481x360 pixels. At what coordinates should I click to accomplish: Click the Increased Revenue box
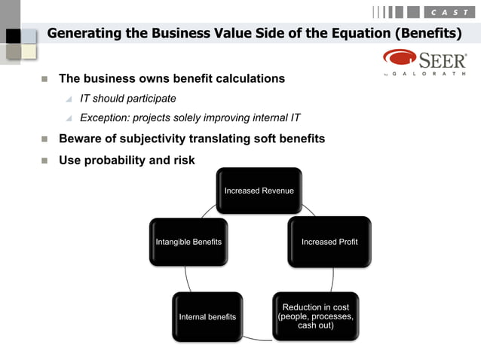click(x=259, y=191)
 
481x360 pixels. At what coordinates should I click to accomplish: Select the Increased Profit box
click(x=329, y=242)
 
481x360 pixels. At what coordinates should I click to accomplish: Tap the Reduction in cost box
click(x=315, y=317)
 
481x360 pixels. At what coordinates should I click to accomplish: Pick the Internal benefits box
click(x=207, y=317)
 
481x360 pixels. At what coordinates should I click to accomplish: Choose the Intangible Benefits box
click(x=188, y=242)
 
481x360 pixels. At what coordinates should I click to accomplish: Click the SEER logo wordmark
click(x=442, y=59)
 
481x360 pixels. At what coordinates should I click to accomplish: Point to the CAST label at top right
click(x=449, y=12)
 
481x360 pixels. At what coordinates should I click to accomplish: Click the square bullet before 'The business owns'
click(x=44, y=79)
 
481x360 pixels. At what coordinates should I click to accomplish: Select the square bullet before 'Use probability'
click(x=44, y=160)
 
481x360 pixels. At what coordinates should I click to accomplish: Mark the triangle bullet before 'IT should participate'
click(x=69, y=99)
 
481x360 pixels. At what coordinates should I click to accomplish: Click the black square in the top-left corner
click(x=12, y=36)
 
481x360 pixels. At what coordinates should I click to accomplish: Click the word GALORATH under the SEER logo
click(x=439, y=75)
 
